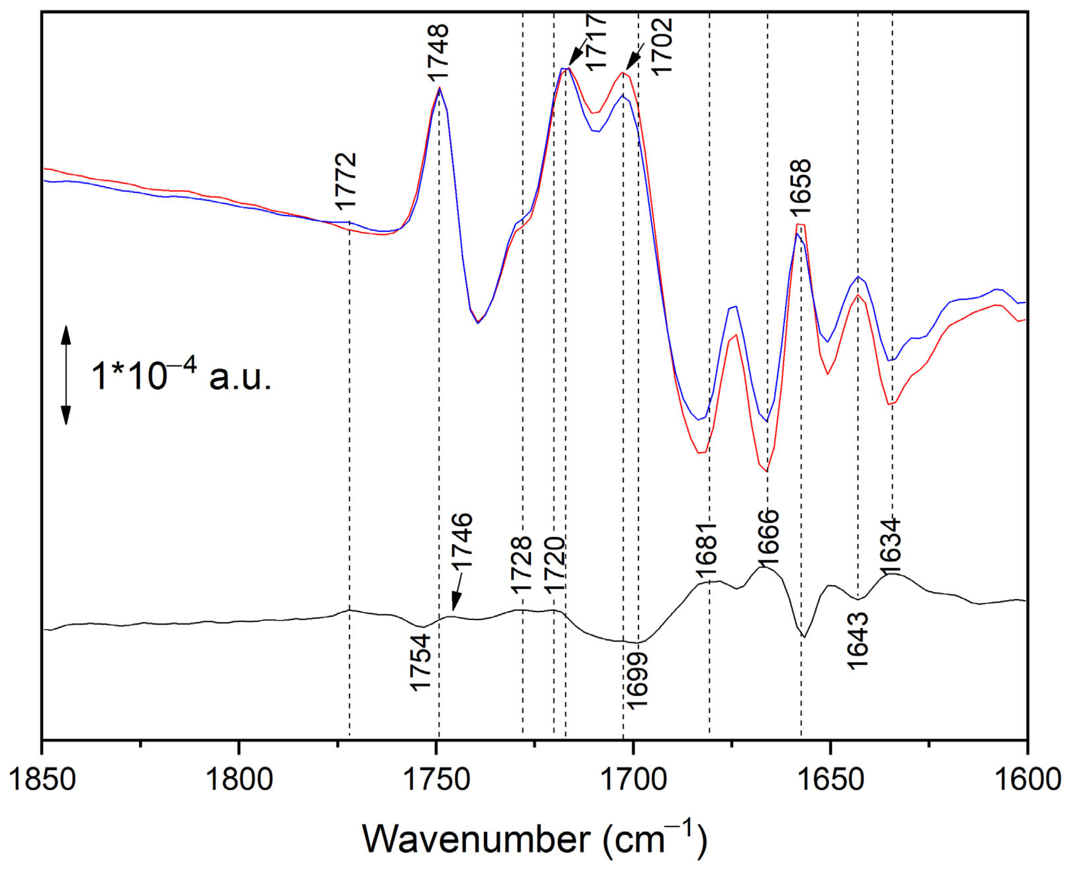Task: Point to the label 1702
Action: [x=661, y=46]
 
